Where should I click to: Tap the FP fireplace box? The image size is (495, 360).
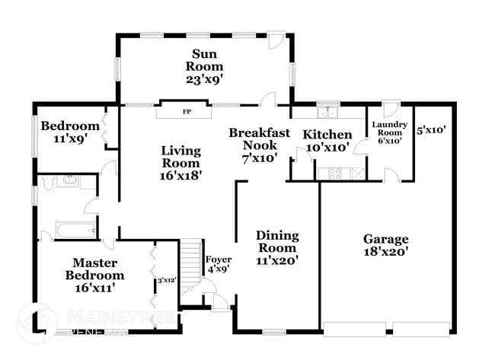coord(186,111)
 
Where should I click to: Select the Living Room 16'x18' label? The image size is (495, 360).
coord(180,163)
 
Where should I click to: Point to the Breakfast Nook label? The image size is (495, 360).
coord(260,144)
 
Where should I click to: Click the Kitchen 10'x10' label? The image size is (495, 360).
coord(327,141)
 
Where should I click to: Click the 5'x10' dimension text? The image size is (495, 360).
coord(431,130)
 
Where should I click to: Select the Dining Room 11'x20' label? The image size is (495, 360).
coord(276,247)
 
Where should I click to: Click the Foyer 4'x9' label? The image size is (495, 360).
coord(219,264)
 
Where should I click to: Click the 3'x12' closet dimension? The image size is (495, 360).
coord(167,280)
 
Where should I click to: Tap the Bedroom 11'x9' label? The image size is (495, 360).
coord(70,132)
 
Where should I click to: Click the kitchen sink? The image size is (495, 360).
coord(329,112)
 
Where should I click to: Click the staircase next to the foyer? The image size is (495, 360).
coord(190,263)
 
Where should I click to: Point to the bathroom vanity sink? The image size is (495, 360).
coord(71,181)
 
